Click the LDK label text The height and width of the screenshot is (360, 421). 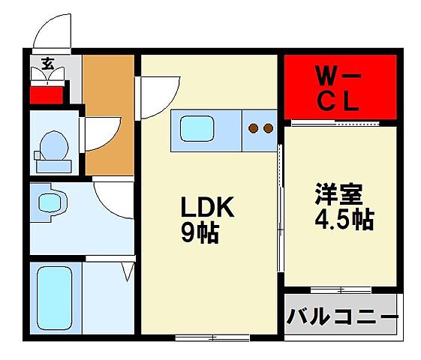click(x=206, y=208)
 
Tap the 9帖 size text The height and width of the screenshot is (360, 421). click(x=199, y=234)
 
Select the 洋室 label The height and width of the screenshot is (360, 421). click(x=338, y=195)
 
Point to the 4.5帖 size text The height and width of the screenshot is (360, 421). click(x=341, y=220)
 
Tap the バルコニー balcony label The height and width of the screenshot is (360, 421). click(x=341, y=316)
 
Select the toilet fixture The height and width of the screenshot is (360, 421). click(x=53, y=145)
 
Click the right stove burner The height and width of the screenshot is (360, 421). click(x=267, y=128)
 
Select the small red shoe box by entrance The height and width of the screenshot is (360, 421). click(x=44, y=95)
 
